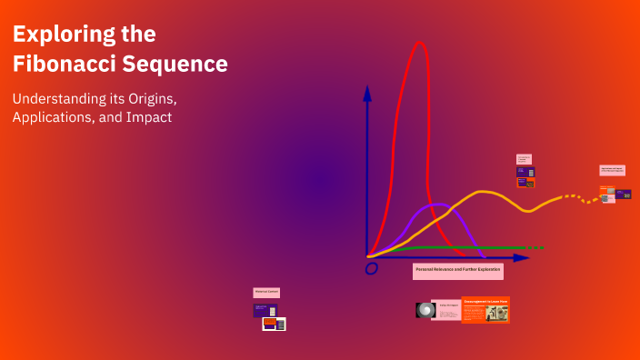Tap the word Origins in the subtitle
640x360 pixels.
point(145,97)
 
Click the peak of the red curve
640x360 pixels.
point(420,43)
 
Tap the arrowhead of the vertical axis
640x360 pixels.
point(367,92)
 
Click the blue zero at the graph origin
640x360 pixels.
point(371,268)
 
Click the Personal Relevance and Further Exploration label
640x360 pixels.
point(457,271)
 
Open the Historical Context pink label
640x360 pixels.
point(266,293)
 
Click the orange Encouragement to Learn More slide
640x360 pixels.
point(485,310)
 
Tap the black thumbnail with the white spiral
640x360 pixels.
point(424,310)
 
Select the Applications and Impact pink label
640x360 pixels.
point(612,170)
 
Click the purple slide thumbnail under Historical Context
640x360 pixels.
point(265,310)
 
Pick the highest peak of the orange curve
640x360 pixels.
point(485,192)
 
